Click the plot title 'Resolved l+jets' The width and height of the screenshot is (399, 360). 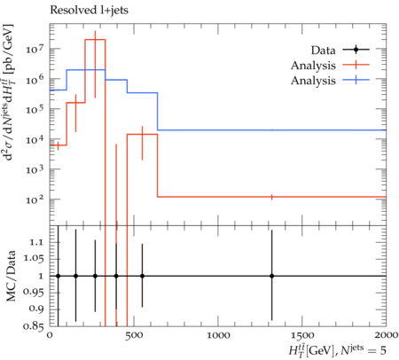click(89, 11)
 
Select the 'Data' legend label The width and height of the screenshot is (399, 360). click(323, 51)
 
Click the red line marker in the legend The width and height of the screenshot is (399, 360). click(356, 65)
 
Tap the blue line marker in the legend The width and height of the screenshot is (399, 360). click(356, 80)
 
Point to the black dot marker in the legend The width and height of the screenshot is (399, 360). click(356, 50)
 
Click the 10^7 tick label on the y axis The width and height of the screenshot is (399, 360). click(35, 48)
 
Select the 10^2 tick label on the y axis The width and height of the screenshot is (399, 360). click(35, 200)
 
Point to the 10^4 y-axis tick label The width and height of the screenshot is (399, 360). click(35, 139)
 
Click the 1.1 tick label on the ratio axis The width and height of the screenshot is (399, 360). click(35, 242)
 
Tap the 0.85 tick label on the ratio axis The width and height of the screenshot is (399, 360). click(34, 326)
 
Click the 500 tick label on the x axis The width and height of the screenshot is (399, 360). click(135, 335)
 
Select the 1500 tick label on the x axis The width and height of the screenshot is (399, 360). click(302, 335)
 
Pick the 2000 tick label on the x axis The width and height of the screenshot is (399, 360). click(387, 335)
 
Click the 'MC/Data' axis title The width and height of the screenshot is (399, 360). click(12, 276)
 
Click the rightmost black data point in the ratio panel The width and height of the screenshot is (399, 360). click(271, 276)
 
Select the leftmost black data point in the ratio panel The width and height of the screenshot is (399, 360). click(59, 276)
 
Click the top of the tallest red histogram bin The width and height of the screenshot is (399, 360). click(95, 39)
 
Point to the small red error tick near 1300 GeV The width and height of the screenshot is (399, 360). click(271, 197)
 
